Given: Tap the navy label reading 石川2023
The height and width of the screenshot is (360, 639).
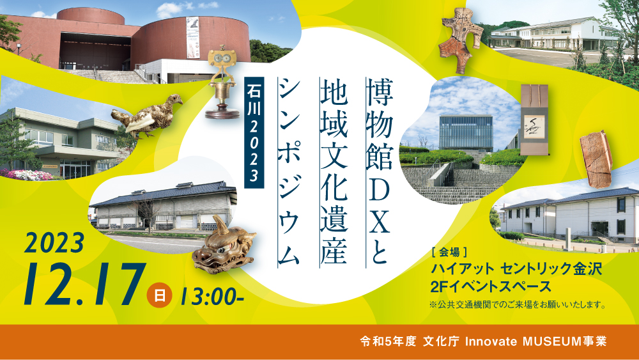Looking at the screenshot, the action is (254, 132).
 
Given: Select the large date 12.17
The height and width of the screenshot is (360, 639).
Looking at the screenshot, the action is (84, 285).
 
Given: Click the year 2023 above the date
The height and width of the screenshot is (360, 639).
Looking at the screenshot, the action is (54, 244).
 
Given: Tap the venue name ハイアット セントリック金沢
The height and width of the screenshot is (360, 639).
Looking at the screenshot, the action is (516, 269).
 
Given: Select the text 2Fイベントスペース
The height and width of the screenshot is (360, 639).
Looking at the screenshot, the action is (491, 286).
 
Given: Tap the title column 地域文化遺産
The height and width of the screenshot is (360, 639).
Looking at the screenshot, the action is (334, 171).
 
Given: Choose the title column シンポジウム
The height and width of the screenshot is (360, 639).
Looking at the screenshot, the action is (289, 171).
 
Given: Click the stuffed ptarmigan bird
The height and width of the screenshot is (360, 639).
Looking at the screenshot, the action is (148, 117).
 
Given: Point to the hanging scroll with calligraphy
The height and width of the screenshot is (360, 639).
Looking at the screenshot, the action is (534, 120).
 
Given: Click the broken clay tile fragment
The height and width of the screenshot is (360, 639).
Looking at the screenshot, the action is (596, 159).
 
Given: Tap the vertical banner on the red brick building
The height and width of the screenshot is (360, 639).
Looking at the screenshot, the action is (192, 38).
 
